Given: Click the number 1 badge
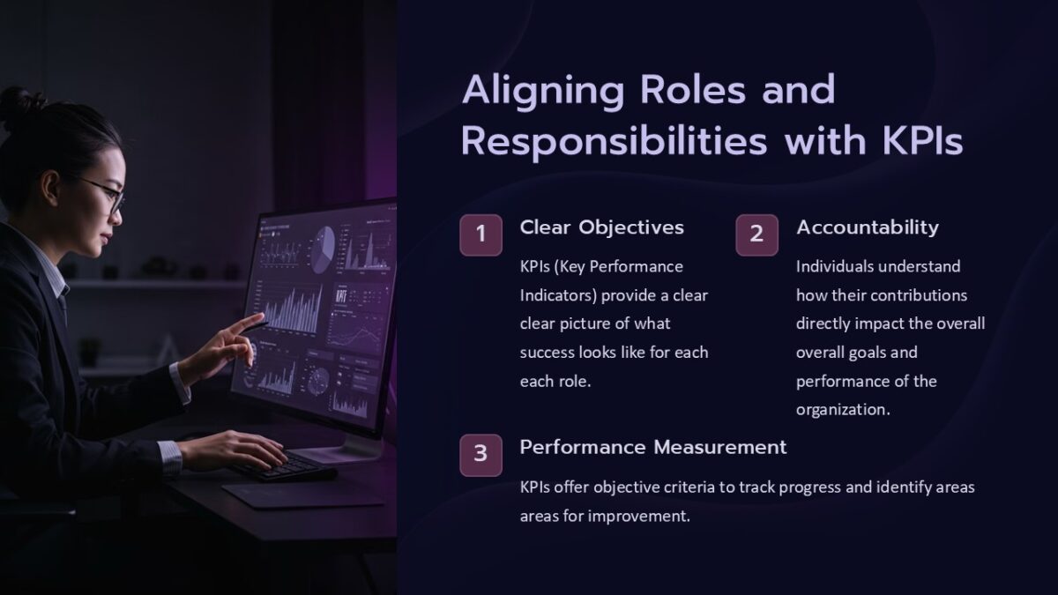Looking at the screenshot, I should click(481, 234).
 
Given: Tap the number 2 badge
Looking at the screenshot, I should click(756, 234).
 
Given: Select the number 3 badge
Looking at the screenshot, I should click(481, 454).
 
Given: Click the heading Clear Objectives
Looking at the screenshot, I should click(601, 227).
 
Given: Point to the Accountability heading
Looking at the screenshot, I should click(867, 227).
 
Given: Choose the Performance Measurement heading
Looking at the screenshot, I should click(652, 447).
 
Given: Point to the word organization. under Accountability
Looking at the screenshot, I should click(843, 410).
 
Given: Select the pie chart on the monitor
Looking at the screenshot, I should click(324, 243).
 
